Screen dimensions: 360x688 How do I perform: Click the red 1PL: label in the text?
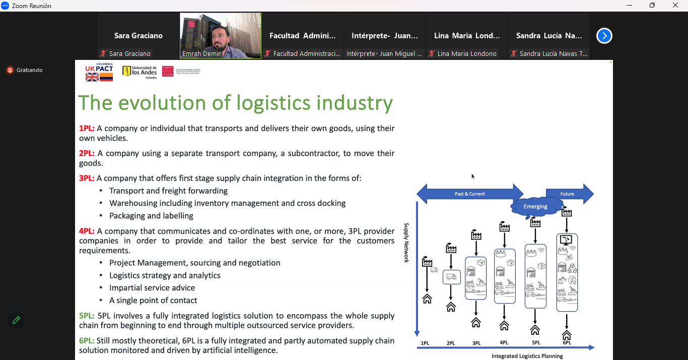pos(87,128)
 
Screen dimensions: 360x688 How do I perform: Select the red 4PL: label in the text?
pos(87,231)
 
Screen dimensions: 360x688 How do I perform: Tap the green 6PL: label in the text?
pos(87,341)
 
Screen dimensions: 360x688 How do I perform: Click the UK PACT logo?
pos(99,72)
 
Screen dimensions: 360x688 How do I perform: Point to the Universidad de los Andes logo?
pos(140,71)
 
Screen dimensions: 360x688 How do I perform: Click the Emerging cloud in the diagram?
pos(535,207)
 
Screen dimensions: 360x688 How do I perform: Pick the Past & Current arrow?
pos(470,194)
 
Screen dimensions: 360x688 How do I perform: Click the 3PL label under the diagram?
pos(476,343)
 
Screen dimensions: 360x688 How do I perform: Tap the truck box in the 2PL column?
pos(451,277)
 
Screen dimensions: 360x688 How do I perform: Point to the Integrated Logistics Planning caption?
pos(527,356)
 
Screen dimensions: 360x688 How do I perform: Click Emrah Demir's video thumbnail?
pos(221,36)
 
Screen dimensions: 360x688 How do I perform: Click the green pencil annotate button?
pos(16,320)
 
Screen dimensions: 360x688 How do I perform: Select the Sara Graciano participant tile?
pos(139,36)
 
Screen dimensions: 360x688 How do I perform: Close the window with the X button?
pos(675,6)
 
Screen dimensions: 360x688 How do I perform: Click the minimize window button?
pos(630,6)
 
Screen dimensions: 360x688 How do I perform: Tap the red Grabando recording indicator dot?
pos(10,70)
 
